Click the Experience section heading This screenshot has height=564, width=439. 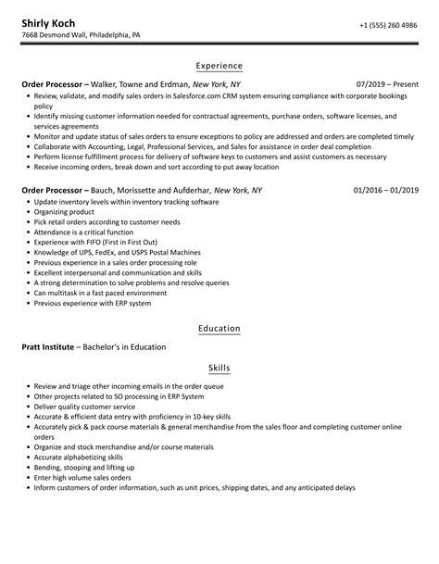[x=219, y=66]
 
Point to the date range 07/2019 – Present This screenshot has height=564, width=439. [x=386, y=84]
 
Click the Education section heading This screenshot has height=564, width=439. [x=219, y=328]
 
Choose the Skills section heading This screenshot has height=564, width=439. [x=219, y=368]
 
